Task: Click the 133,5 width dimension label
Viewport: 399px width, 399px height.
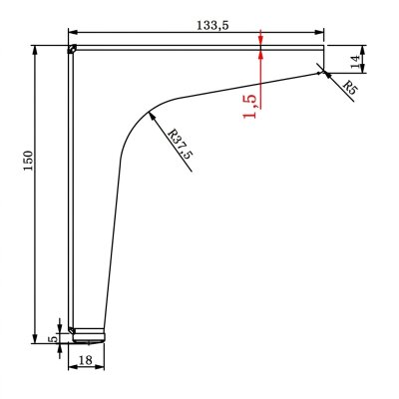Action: (212, 25)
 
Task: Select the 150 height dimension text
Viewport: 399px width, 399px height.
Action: (29, 161)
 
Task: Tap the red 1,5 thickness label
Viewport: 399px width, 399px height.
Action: (249, 107)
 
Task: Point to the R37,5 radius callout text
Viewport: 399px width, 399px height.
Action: (181, 144)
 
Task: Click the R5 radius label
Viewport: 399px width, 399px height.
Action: (349, 87)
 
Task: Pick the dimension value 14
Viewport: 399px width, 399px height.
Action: (355, 62)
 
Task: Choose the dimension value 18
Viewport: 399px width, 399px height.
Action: (86, 360)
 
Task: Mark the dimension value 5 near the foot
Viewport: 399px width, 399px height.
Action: (53, 339)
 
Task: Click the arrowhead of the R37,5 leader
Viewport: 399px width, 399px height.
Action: (152, 116)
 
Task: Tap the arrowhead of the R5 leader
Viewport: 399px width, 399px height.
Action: (327, 75)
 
